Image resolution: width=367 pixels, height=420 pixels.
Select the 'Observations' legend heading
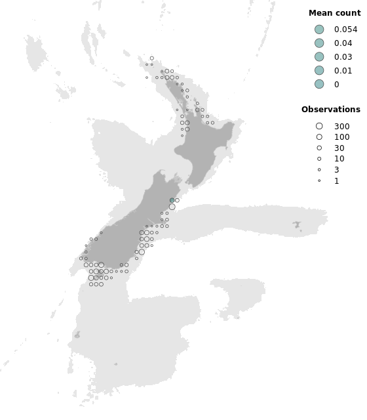330,110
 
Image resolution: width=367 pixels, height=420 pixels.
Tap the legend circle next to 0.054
319,30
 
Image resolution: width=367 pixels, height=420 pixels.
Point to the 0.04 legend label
343,43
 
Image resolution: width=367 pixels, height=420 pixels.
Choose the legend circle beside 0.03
319,57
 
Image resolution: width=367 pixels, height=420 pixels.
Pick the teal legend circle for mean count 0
319,84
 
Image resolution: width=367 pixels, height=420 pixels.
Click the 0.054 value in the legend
345,30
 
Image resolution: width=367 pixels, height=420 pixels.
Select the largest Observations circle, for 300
319,126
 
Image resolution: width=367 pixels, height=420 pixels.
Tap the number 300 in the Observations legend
341,126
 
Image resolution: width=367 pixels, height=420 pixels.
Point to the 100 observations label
341,137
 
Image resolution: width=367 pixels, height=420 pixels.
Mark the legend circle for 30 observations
319,148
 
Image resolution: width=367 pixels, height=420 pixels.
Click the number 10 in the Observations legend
339,159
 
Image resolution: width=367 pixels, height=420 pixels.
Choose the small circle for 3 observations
319,170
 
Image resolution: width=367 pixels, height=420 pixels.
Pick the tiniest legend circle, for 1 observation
319,180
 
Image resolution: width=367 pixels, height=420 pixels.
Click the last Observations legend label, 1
336,180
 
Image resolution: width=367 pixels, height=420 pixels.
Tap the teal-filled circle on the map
172,200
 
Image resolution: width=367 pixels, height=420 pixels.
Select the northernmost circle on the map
151,58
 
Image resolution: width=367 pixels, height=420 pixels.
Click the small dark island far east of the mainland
298,225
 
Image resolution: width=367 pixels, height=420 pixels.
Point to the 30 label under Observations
339,148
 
